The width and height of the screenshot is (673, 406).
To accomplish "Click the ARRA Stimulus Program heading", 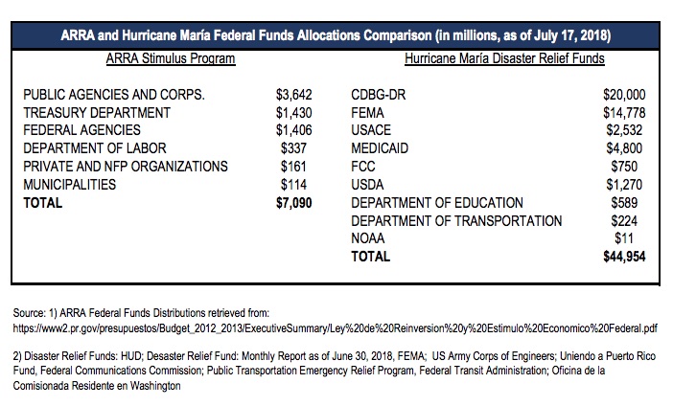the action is point(171,58).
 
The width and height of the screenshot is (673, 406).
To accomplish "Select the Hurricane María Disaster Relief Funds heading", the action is point(504,58).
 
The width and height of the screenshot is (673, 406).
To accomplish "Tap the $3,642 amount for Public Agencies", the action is point(294,95).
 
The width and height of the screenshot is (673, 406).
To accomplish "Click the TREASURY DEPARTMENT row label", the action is point(97,113).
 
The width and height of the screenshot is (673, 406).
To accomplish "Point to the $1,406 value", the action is point(294,130).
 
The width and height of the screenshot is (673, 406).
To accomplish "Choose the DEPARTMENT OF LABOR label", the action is point(94,148).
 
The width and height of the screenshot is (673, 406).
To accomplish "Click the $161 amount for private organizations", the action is point(293,167).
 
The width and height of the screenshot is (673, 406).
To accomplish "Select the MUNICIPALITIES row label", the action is point(70,185).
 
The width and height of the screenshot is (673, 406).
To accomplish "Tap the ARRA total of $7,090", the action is point(294,203).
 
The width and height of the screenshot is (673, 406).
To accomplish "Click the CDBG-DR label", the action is point(378,95).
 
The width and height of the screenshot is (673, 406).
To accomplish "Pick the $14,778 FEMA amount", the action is point(624,113).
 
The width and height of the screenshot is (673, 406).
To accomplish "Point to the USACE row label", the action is point(371,130).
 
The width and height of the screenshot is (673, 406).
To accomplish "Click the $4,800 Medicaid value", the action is point(624,148).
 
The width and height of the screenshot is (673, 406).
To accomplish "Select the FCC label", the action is point(363,167).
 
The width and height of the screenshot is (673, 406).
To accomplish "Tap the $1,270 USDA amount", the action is point(624,185).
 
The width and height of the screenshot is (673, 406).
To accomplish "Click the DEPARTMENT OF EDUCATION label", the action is point(437,203).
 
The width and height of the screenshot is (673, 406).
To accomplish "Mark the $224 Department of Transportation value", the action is point(624,221).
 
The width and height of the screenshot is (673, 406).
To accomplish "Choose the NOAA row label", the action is point(368,238).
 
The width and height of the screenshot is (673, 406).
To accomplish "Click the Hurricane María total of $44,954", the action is point(624,257).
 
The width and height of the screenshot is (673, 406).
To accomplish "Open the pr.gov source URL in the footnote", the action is point(335,328).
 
